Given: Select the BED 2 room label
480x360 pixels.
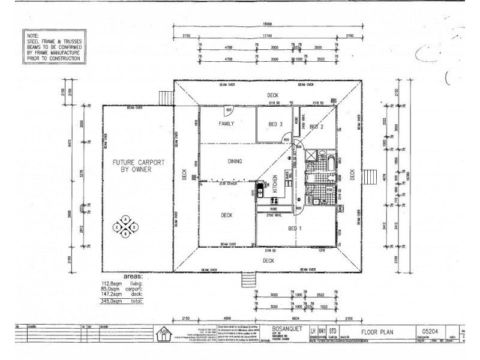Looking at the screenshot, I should pos(317,127).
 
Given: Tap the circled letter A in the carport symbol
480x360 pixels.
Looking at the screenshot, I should pos(126,220).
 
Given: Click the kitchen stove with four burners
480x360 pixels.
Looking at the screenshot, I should pos(260,193).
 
